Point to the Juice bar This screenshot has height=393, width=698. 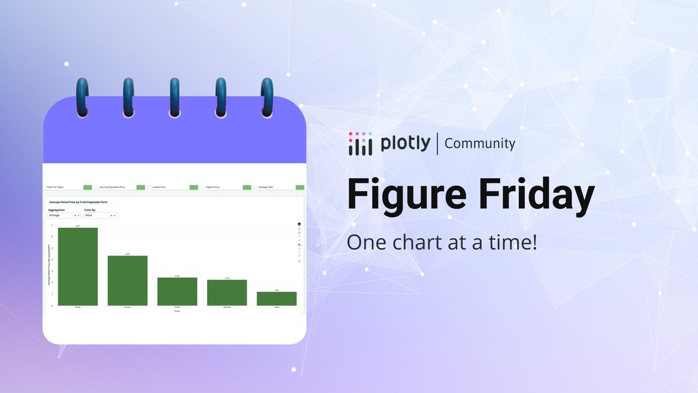276,299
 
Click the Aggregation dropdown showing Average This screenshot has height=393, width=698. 63,215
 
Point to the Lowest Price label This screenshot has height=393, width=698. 159,187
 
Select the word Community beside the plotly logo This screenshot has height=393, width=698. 480,143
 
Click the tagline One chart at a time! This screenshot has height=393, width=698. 442,242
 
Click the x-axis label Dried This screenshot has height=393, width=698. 78,307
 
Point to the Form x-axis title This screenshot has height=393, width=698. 177,311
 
